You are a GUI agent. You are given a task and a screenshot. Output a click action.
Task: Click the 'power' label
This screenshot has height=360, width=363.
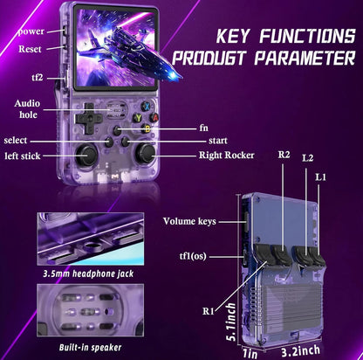[31, 31]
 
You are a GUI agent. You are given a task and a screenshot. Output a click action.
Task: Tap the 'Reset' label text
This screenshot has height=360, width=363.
[30, 49]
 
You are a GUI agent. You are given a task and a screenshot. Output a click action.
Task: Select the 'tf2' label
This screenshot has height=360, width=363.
[38, 78]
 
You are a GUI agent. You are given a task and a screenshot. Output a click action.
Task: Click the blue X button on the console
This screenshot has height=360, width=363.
[147, 107]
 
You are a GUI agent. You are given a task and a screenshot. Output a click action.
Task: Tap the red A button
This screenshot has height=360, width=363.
[154, 117]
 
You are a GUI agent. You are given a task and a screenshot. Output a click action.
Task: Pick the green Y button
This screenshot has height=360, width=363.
[138, 118]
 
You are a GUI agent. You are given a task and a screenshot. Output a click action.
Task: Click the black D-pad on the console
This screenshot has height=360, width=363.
[88, 118]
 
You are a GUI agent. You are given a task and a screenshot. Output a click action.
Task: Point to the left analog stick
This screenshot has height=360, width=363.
[86, 155]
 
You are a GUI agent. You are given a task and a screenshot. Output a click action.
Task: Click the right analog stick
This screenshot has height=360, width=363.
[146, 153]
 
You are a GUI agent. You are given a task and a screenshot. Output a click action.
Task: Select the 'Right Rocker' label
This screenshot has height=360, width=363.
[227, 156]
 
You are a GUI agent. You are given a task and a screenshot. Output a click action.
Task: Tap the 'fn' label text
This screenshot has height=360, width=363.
[204, 128]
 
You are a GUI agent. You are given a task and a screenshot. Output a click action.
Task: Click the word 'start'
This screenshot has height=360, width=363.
[218, 141]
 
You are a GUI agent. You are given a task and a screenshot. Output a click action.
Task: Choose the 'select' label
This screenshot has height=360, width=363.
[16, 141]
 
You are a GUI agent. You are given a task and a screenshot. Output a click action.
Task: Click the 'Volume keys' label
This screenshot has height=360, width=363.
[189, 221]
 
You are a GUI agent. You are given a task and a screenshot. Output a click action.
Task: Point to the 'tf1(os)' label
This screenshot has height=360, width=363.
[193, 256]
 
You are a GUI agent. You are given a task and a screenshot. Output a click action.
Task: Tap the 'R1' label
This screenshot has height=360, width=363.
[209, 311]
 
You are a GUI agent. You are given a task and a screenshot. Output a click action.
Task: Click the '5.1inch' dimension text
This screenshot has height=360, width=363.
[230, 322]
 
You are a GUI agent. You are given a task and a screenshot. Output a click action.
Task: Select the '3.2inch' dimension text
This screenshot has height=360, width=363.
[300, 351]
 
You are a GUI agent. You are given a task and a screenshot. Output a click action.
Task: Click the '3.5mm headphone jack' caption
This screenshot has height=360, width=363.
[88, 274]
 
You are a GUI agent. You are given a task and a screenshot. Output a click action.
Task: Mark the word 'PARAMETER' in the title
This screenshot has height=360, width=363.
[305, 58]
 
